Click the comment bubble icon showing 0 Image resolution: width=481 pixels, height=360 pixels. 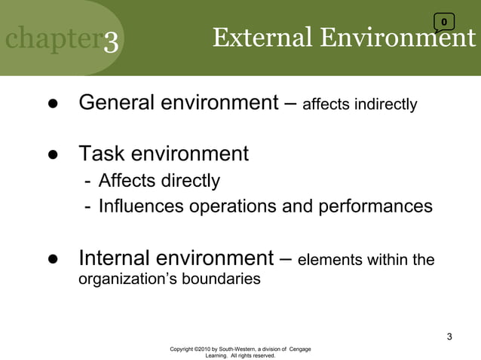(444, 21)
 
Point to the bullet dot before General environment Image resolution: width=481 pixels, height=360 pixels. (54, 104)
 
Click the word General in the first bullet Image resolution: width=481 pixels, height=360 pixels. (119, 102)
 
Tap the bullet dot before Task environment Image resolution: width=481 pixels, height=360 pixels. (54, 156)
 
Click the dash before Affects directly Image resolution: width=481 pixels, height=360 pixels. (88, 182)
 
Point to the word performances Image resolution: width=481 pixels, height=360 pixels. (381, 206)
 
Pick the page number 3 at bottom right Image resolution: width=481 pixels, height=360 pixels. (449, 336)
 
